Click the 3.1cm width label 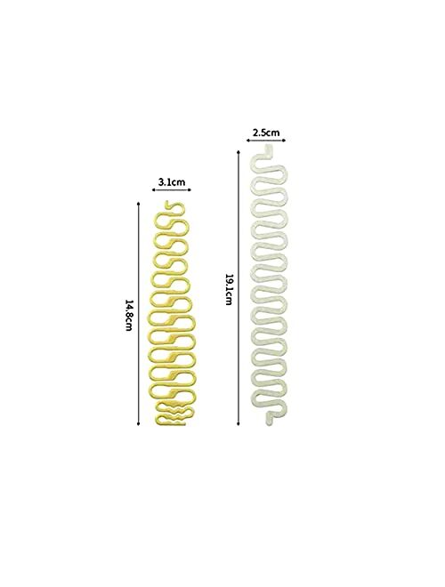[170, 182]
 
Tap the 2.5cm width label [267, 133]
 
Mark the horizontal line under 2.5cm [267, 141]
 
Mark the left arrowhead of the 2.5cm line [248, 141]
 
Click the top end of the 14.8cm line [139, 203]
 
